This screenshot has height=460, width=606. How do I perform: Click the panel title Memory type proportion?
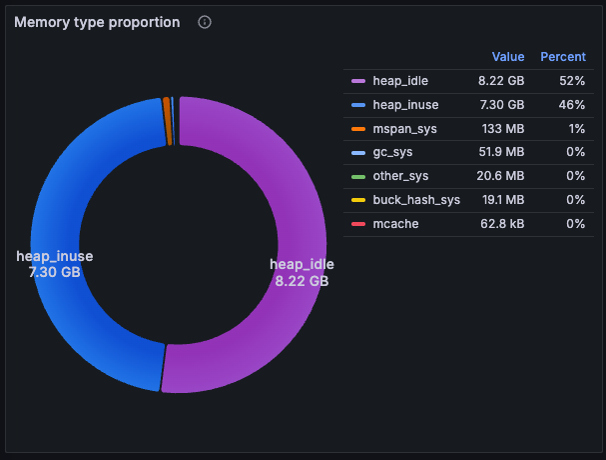pos(97,22)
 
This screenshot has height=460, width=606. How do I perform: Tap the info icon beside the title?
pos(205,22)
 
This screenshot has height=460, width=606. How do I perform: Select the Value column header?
pos(508,57)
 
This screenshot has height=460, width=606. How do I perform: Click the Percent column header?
pos(563,57)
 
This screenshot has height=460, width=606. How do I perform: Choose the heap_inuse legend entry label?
pos(404,104)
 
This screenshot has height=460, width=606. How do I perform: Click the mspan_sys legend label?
pos(404,128)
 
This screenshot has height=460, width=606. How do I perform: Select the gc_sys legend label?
pos(392,152)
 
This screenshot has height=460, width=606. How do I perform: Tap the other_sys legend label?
pos(400,176)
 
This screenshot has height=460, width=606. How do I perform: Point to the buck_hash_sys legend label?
pos(416,200)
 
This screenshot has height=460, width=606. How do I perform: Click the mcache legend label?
pos(395,224)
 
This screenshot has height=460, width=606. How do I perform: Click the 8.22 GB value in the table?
pos(501,80)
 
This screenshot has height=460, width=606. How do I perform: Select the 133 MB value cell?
pos(503,128)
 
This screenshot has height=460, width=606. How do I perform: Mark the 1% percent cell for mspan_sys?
pos(576,128)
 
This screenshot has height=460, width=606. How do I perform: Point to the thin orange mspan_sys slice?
pos(167,121)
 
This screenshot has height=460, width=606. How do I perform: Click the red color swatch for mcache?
pos(357,224)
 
